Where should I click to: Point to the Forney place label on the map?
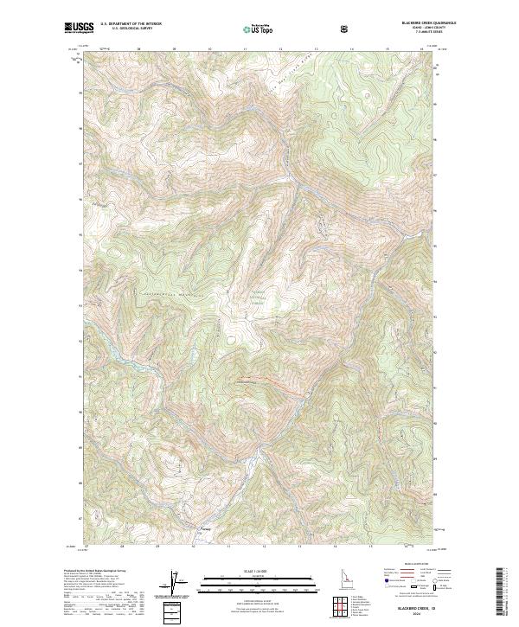(205, 529)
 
